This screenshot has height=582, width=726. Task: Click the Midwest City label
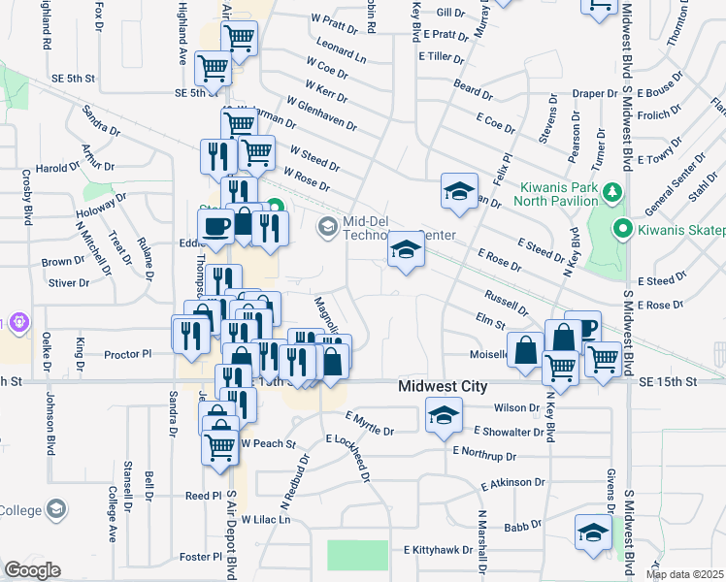click(443, 386)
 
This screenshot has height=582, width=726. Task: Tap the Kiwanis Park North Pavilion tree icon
click(612, 192)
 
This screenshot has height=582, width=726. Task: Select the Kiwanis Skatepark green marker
click(623, 230)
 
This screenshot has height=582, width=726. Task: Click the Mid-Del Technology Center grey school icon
click(327, 227)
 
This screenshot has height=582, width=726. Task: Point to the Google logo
click(32, 569)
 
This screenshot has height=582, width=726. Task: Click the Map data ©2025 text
click(685, 574)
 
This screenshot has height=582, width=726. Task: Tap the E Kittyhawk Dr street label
click(437, 550)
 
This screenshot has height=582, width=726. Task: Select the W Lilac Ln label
click(266, 520)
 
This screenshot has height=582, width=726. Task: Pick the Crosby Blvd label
click(26, 196)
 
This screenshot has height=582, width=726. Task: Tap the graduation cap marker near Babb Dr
click(593, 533)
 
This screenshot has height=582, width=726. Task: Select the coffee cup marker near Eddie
click(215, 227)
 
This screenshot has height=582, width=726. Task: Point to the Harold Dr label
click(57, 168)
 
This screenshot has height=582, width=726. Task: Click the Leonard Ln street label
click(342, 51)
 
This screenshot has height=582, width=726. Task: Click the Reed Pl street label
click(203, 496)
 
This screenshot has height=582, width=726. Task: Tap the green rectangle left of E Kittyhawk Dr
click(357, 555)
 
